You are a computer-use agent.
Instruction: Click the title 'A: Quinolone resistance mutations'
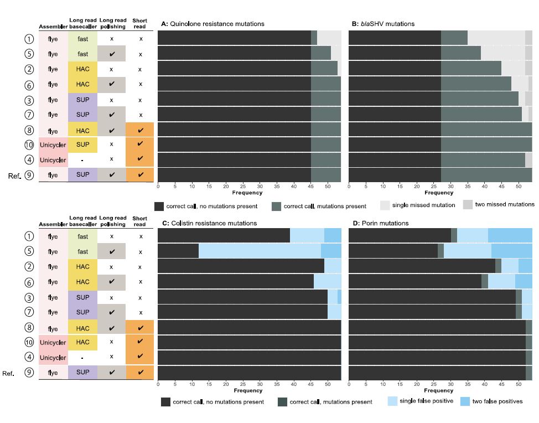[x=213, y=24]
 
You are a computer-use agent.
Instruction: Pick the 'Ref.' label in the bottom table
[x=8, y=373]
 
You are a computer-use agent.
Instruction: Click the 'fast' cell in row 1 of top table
[x=82, y=39]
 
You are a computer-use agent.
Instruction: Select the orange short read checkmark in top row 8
[x=140, y=130]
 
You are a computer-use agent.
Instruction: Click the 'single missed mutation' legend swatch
[x=385, y=205]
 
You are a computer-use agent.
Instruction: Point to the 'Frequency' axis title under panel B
[x=439, y=193]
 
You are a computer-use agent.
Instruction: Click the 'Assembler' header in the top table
[x=53, y=27]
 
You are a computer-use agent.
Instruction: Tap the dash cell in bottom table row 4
[x=82, y=358]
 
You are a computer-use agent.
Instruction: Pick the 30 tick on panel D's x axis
[x=450, y=384]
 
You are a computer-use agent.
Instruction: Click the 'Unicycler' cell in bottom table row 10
[x=53, y=342]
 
